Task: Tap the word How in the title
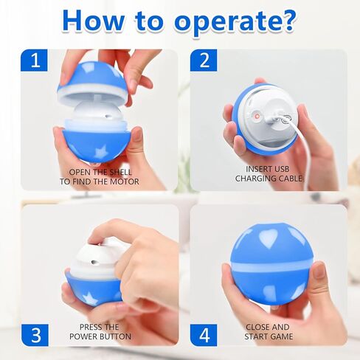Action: click(94, 21)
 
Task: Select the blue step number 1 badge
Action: click(34, 60)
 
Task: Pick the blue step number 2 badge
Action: click(204, 60)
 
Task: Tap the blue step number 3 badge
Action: click(35, 335)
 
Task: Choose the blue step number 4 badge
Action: click(204, 335)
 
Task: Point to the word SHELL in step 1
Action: click(120, 172)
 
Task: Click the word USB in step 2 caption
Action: click(280, 169)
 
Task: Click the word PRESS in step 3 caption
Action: click(89, 327)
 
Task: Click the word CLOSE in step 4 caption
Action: click(257, 327)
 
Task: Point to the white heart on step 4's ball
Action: click(269, 238)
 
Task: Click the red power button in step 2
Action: click(256, 116)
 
